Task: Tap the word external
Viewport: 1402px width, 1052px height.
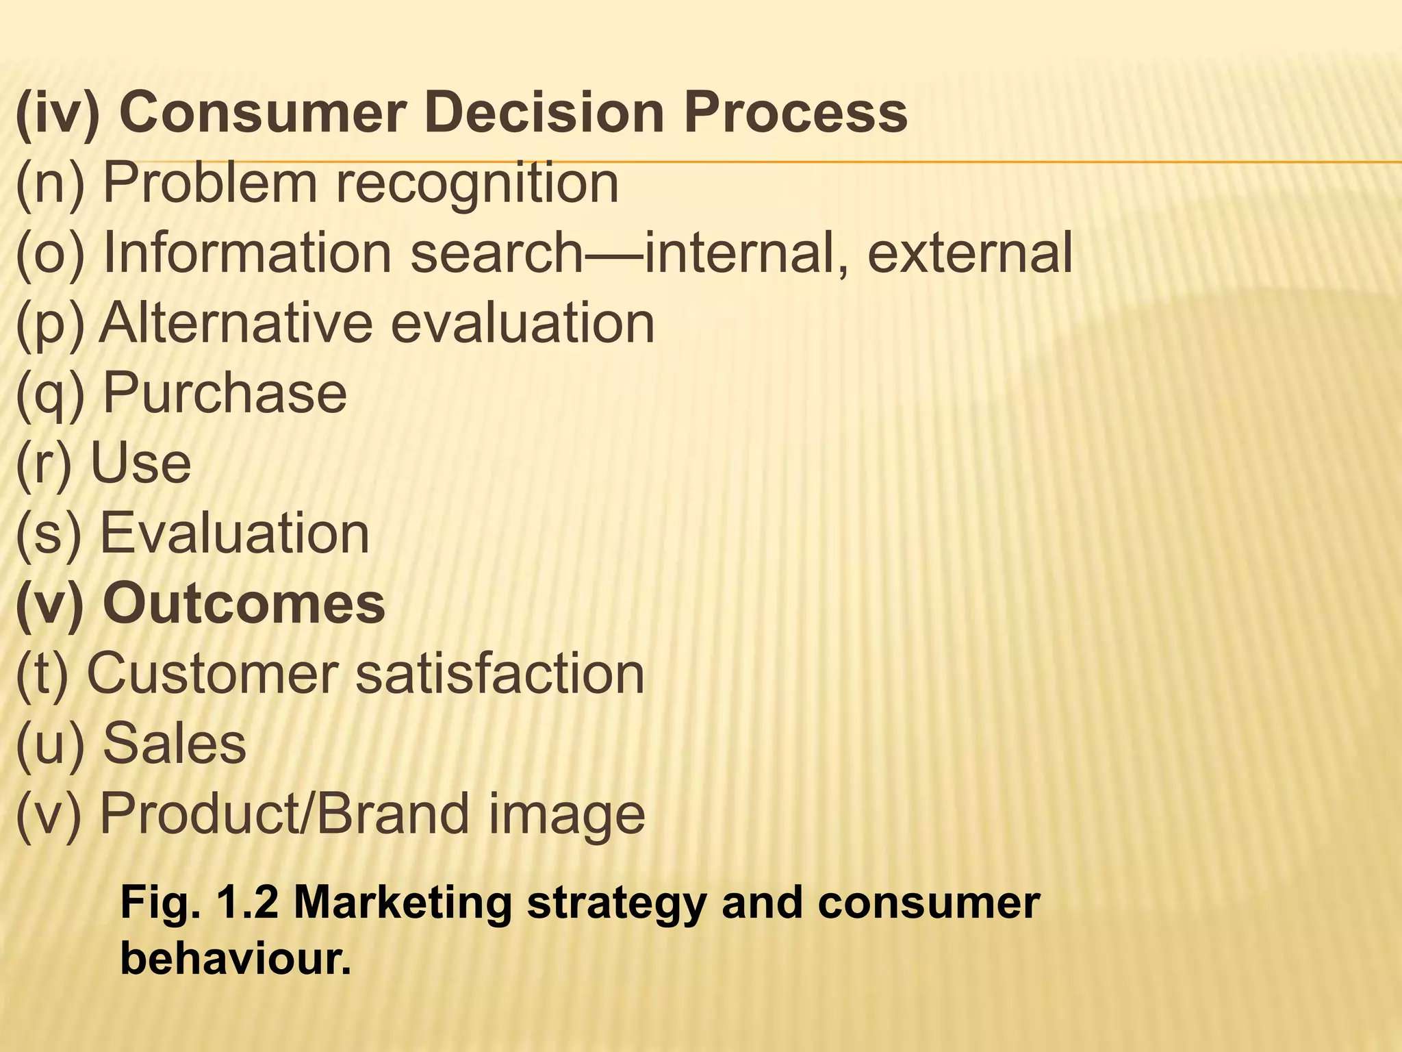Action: [969, 253]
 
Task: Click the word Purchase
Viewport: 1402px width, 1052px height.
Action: [225, 393]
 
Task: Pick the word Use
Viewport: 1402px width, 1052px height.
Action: [141, 464]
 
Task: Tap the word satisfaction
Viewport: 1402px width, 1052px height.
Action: [500, 674]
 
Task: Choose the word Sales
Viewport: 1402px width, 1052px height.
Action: [175, 744]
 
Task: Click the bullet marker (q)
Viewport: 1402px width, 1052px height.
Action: [51, 394]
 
